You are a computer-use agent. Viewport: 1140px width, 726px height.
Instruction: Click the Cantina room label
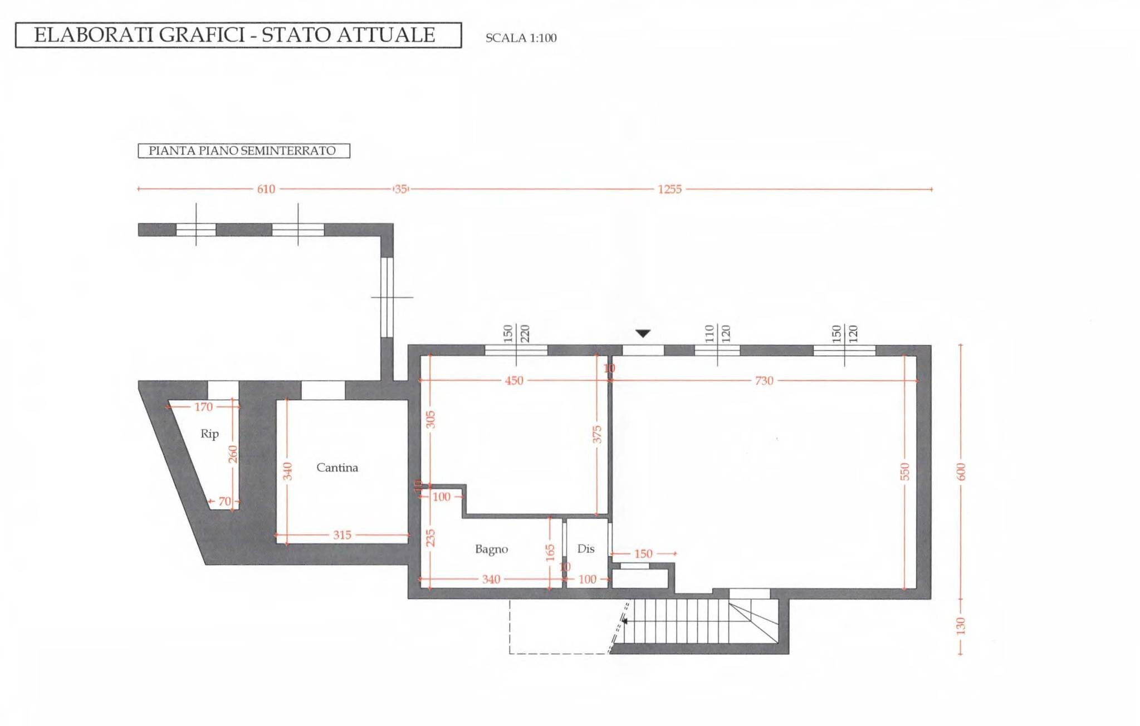coord(337,468)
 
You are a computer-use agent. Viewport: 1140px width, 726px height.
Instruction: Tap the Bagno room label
coord(491,550)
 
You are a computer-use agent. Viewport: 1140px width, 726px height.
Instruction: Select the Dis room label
coord(586,549)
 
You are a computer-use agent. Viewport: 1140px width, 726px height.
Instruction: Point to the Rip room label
coord(209,434)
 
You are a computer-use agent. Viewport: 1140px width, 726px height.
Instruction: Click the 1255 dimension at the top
coord(669,189)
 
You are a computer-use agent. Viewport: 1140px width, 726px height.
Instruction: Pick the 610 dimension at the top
coord(266,189)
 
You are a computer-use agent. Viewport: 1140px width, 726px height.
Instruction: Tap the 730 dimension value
coord(764,381)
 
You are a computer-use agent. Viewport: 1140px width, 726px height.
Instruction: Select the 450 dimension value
coord(514,381)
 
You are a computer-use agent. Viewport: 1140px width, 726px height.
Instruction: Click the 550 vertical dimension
coord(905,472)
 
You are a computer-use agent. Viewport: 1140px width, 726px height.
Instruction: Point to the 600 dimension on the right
coord(961,472)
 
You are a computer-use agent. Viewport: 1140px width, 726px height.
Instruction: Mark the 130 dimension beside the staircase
coord(961,626)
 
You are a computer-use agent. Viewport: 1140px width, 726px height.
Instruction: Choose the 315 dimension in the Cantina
coord(342,535)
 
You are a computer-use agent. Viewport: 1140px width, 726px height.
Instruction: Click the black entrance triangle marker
coord(643,333)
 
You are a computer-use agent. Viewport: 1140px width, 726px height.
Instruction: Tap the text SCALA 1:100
coord(521,38)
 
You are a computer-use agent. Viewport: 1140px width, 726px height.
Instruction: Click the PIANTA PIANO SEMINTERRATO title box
coord(243,151)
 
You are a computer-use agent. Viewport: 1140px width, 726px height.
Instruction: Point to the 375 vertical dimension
coord(597,435)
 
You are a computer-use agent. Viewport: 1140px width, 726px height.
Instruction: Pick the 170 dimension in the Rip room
coord(203,407)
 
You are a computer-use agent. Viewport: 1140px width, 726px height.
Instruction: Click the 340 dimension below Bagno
coord(491,580)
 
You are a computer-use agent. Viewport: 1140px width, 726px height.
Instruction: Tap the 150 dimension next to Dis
coord(643,554)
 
